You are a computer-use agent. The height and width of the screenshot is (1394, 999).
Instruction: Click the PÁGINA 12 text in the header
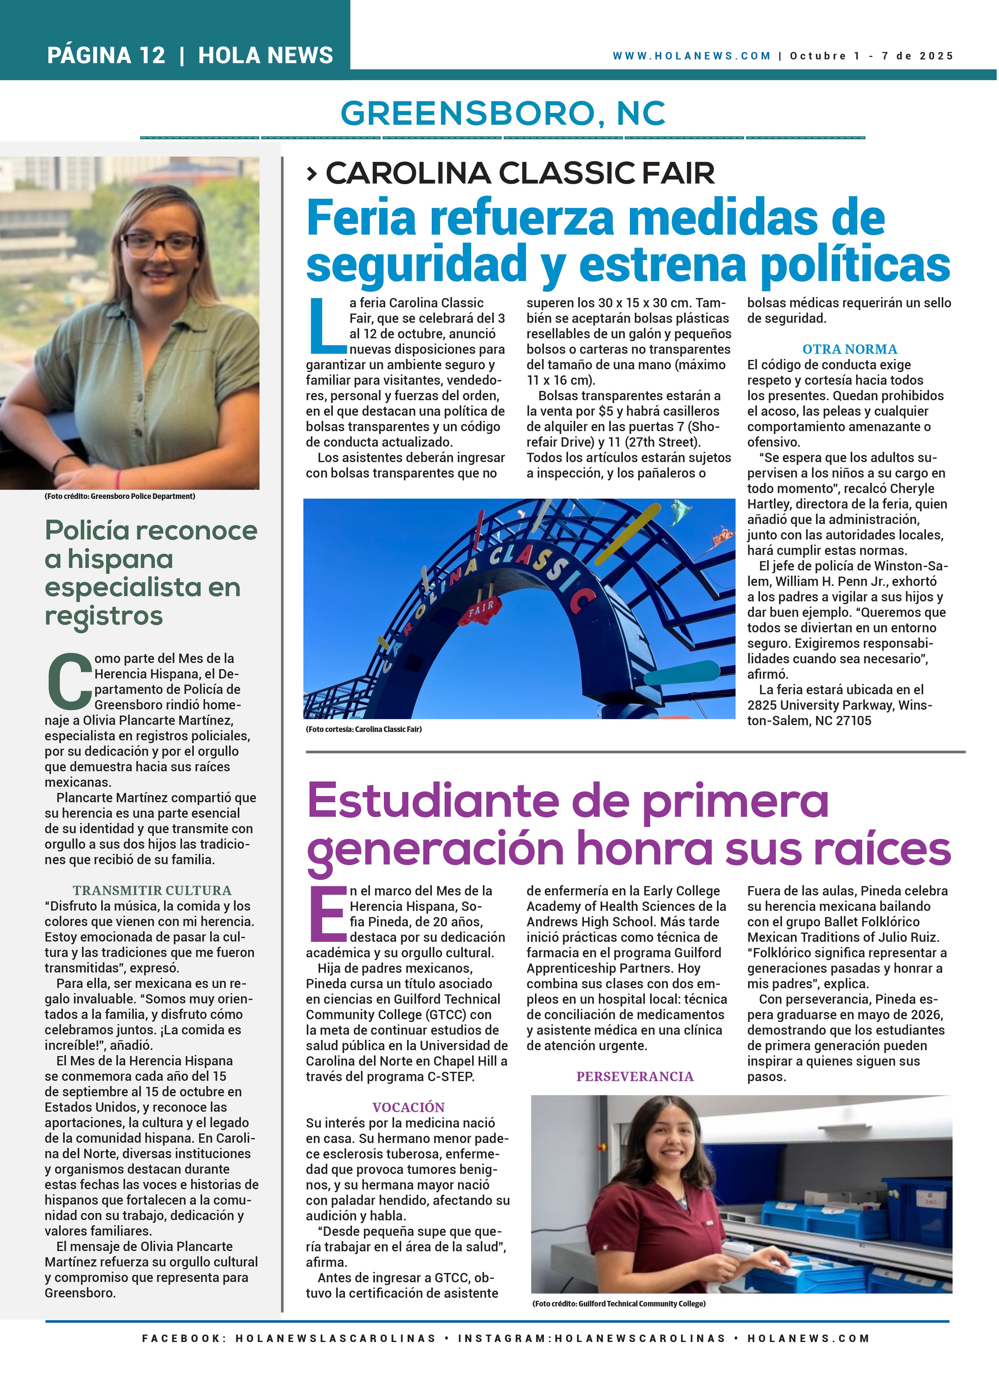coord(106,55)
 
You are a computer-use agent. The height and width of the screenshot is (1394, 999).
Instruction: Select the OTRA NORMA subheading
coord(849,349)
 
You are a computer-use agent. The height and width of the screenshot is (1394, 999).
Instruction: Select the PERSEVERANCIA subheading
coord(634,1076)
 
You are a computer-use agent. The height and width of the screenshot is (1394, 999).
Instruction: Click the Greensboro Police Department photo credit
coord(120,496)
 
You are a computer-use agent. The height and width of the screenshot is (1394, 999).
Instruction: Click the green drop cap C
coord(69,681)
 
